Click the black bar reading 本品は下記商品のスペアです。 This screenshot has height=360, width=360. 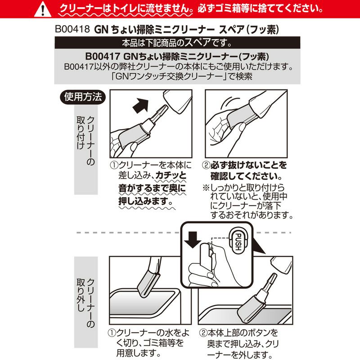(x=180, y=44)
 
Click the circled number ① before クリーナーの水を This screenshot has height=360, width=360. (x=112, y=333)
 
